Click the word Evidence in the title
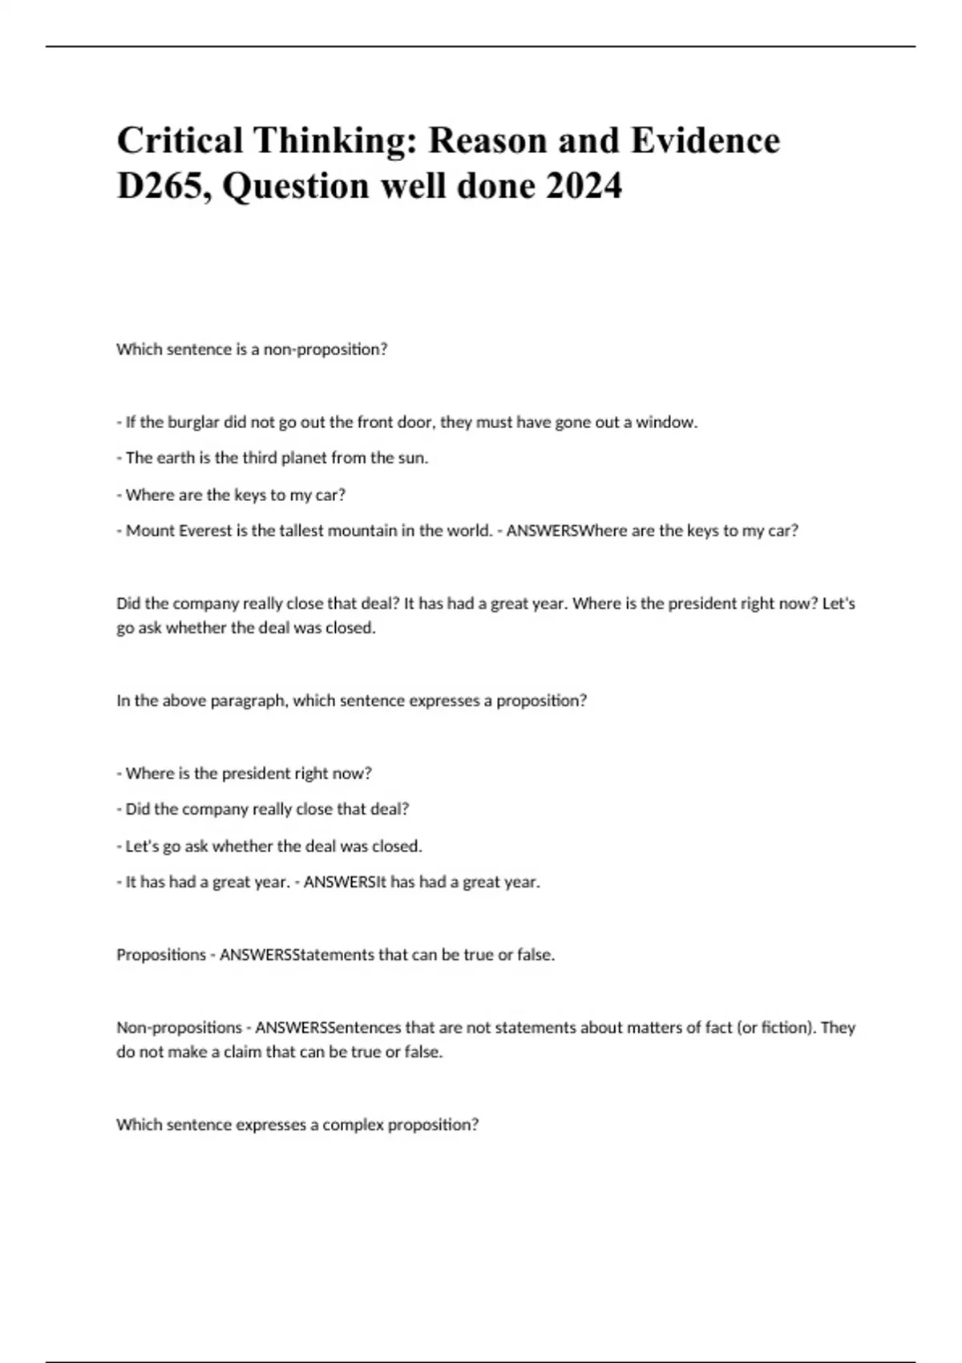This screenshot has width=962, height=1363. point(705,141)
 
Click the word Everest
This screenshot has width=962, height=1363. point(200,531)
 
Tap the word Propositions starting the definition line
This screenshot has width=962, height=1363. point(161,955)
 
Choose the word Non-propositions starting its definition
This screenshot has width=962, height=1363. point(179,1028)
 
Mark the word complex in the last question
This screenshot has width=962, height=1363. point(353,1125)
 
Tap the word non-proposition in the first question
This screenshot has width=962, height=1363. point(325,350)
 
